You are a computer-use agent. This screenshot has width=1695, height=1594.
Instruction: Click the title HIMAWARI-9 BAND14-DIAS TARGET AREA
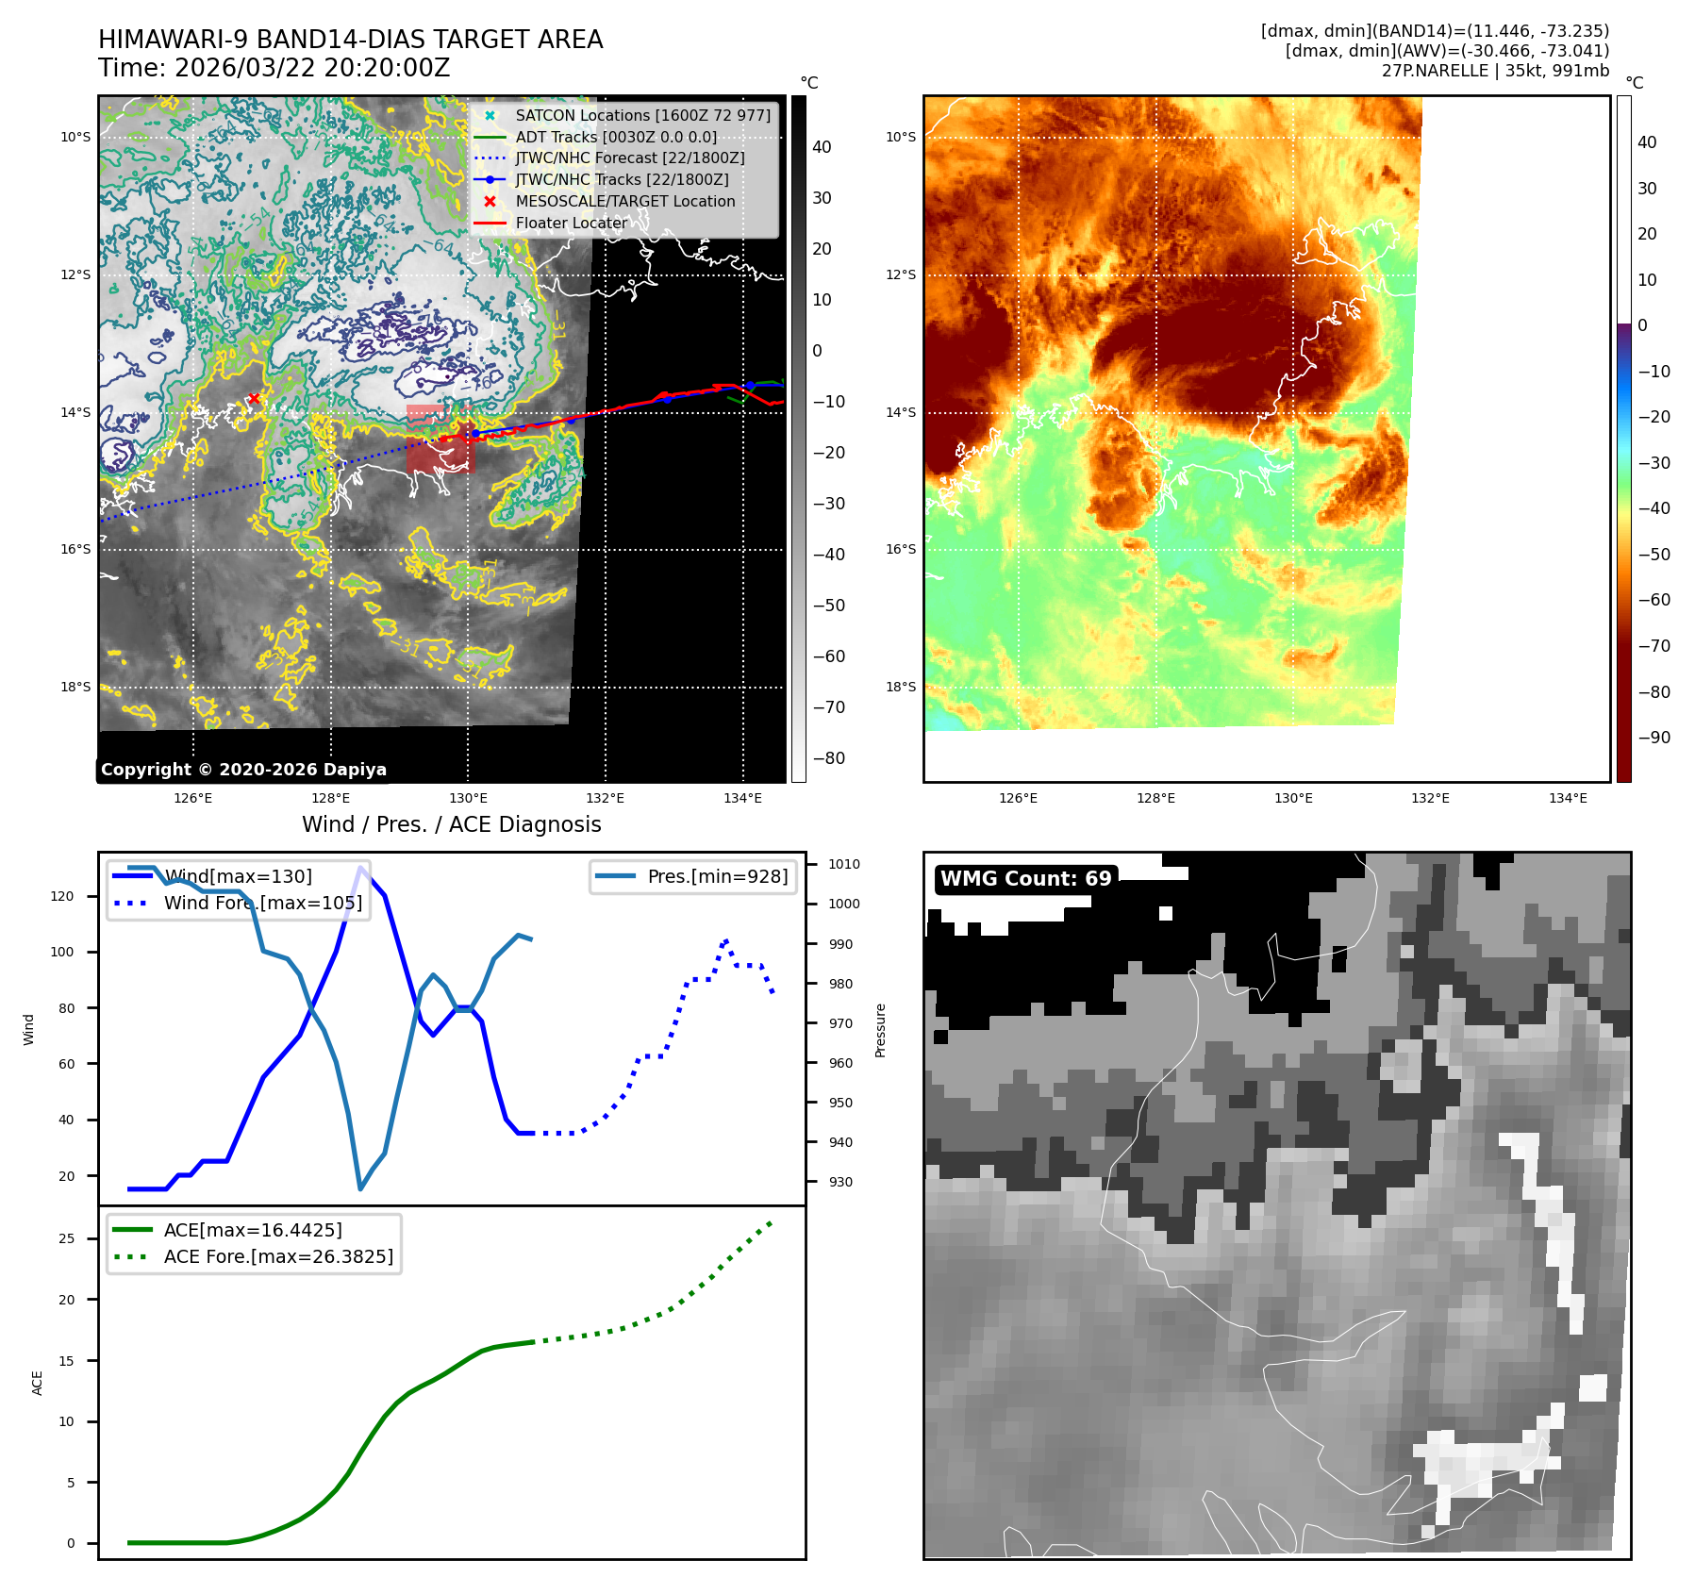(x=350, y=40)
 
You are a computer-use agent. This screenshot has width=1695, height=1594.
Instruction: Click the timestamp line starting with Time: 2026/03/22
(x=274, y=69)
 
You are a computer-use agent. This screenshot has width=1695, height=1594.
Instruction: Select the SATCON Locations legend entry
(x=642, y=115)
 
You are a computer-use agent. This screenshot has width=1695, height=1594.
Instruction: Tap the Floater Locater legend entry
(x=571, y=223)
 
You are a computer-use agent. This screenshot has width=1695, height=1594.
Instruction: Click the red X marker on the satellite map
(x=253, y=399)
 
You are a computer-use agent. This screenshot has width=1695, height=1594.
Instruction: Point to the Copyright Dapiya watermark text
(x=243, y=770)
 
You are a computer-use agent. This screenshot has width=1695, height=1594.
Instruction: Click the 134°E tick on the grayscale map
(x=742, y=798)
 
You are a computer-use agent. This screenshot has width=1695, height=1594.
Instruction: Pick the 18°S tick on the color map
(x=900, y=687)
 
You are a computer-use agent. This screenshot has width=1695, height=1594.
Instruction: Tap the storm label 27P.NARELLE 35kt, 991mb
(x=1495, y=71)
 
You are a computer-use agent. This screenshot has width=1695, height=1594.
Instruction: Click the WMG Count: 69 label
(x=1025, y=879)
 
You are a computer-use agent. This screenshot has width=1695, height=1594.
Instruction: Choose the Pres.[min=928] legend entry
(x=717, y=876)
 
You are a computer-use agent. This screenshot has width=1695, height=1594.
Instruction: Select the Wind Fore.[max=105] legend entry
(x=262, y=903)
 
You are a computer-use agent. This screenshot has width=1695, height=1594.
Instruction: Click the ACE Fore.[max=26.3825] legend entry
(x=278, y=1256)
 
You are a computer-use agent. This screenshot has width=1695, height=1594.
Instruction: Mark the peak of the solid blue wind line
(x=360, y=868)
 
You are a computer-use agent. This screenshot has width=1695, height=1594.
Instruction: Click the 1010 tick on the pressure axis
(x=843, y=864)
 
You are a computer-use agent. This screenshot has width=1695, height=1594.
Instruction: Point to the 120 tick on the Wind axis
(x=62, y=896)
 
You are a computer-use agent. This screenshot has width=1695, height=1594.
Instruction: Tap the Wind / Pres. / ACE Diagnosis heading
(x=451, y=824)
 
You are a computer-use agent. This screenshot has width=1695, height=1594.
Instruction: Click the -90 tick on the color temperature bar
(x=1653, y=738)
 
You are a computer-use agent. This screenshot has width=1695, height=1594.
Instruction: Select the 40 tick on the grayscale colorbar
(x=822, y=147)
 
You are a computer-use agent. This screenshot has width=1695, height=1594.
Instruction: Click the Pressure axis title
(x=880, y=1030)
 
